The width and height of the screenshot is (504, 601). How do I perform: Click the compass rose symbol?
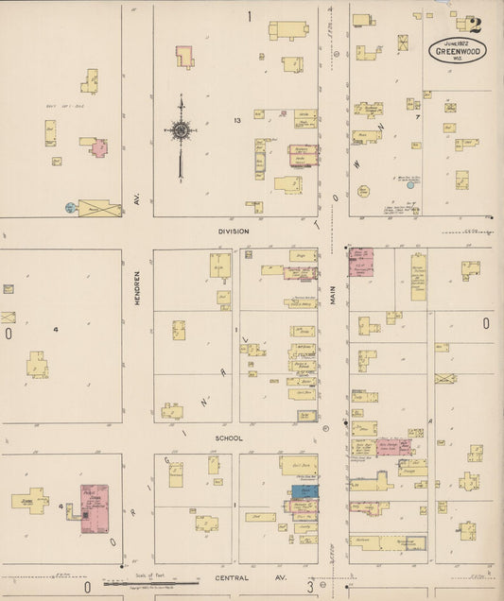[x=180, y=130]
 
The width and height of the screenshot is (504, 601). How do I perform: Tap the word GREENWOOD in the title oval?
[x=459, y=51]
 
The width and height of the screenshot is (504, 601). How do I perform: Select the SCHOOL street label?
[x=228, y=438]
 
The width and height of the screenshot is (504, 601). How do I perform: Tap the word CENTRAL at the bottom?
[x=232, y=576]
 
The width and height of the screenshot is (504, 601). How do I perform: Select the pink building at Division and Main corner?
[x=360, y=262]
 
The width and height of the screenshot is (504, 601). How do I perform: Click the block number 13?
[x=238, y=121]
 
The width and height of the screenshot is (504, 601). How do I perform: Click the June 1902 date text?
[x=458, y=42]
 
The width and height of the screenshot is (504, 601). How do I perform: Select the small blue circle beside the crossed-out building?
[x=70, y=207]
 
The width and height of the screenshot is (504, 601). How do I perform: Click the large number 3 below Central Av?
[x=309, y=587]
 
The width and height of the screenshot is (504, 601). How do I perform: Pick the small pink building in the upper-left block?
[x=99, y=148]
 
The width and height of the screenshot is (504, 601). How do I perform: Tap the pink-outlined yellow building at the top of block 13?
[x=183, y=56]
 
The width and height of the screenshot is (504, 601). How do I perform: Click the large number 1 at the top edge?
[x=250, y=15]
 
